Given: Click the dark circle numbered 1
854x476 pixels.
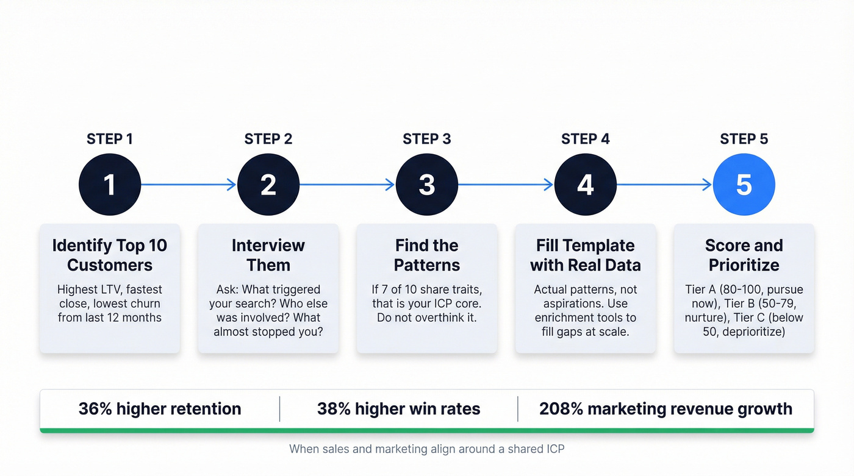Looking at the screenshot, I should (x=110, y=185).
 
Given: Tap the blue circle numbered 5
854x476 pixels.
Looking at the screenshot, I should (x=744, y=185).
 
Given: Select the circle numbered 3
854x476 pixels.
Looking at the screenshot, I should (x=427, y=185).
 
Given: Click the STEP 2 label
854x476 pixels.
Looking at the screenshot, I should (x=268, y=139).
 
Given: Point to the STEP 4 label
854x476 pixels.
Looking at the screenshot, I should (x=586, y=139).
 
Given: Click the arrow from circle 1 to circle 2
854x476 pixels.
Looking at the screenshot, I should (x=188, y=185).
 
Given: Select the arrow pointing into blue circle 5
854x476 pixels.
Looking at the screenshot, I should (x=664, y=185).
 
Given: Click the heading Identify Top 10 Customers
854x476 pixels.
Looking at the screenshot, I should (x=110, y=255).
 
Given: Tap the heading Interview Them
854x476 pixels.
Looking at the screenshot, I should (x=268, y=255).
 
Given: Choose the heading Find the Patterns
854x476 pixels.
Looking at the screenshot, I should (x=427, y=255).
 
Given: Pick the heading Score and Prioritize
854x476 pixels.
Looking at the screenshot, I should (x=744, y=255).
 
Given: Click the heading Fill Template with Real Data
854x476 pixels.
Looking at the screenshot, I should (x=586, y=255).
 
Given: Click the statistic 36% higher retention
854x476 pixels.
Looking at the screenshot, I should (x=160, y=409).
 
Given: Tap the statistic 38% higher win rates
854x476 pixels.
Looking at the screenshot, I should (x=398, y=409).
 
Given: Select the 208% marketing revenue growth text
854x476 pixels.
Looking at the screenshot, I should (x=666, y=409).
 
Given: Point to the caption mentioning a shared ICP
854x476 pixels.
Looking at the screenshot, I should (x=427, y=449).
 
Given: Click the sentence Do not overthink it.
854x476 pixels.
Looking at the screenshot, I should (x=427, y=318).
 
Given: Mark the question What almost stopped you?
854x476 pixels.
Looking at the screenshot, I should (x=268, y=332).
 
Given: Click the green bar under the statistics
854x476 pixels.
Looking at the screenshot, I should (x=427, y=430).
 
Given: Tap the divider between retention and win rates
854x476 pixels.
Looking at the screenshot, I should (x=280, y=409).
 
